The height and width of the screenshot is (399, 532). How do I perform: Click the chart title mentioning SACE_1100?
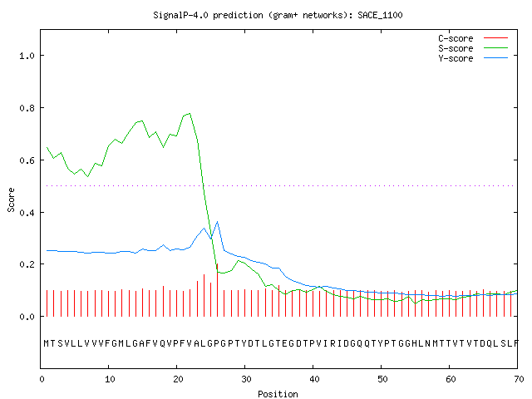coord(278,15)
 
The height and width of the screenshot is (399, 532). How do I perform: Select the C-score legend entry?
coord(473,38)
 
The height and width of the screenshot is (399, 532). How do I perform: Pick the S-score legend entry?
coord(473,48)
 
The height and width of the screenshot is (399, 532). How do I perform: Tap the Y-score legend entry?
coord(473,58)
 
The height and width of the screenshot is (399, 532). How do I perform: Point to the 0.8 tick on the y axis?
coord(27,108)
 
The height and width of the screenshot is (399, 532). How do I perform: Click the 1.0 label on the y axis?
coord(27,56)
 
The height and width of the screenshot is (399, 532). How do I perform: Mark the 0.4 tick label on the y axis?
coord(27,213)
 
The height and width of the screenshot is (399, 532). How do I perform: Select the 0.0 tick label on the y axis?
coord(27,317)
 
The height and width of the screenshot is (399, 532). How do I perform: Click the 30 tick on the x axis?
coord(246,379)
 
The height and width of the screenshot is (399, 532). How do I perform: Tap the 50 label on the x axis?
coord(382,379)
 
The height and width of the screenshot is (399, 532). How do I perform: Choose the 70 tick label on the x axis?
coord(519,379)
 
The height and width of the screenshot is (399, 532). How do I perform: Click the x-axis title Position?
coord(278,394)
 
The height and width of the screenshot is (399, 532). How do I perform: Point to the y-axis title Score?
coord(11,199)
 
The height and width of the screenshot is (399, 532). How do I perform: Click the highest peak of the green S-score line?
coord(190,113)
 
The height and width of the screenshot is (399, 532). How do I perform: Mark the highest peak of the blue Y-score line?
coord(217,222)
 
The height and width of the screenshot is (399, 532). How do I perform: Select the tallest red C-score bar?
coord(217,290)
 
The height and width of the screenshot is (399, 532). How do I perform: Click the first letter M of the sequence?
coord(47,343)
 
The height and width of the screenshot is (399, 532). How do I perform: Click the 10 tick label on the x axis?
coord(110,379)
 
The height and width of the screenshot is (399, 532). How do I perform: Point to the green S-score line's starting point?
coord(47,148)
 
